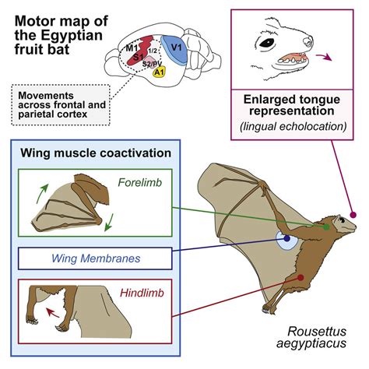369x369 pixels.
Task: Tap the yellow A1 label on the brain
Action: click(x=160, y=72)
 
